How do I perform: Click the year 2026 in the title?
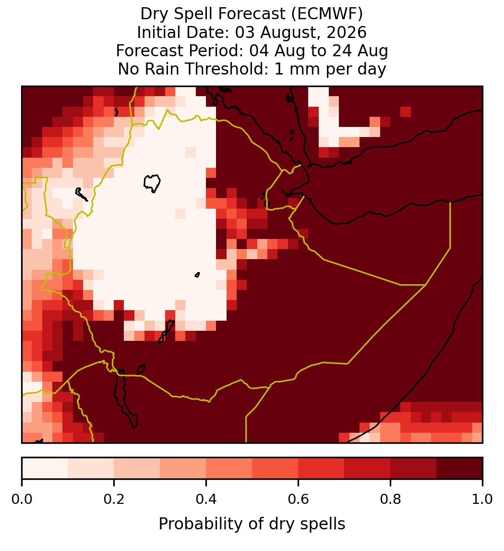(347, 32)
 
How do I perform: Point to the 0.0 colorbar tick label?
(22, 499)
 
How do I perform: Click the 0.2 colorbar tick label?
(114, 499)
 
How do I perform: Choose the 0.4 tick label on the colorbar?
(206, 499)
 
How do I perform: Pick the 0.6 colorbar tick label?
(299, 499)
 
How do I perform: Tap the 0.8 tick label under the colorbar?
(391, 499)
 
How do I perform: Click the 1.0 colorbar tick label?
(482, 499)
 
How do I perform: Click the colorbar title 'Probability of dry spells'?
(252, 524)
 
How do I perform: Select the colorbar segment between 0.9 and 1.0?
(459, 468)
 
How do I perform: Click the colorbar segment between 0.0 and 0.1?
(45, 468)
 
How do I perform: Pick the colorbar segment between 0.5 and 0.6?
(276, 468)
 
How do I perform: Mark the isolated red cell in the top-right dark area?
(406, 112)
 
